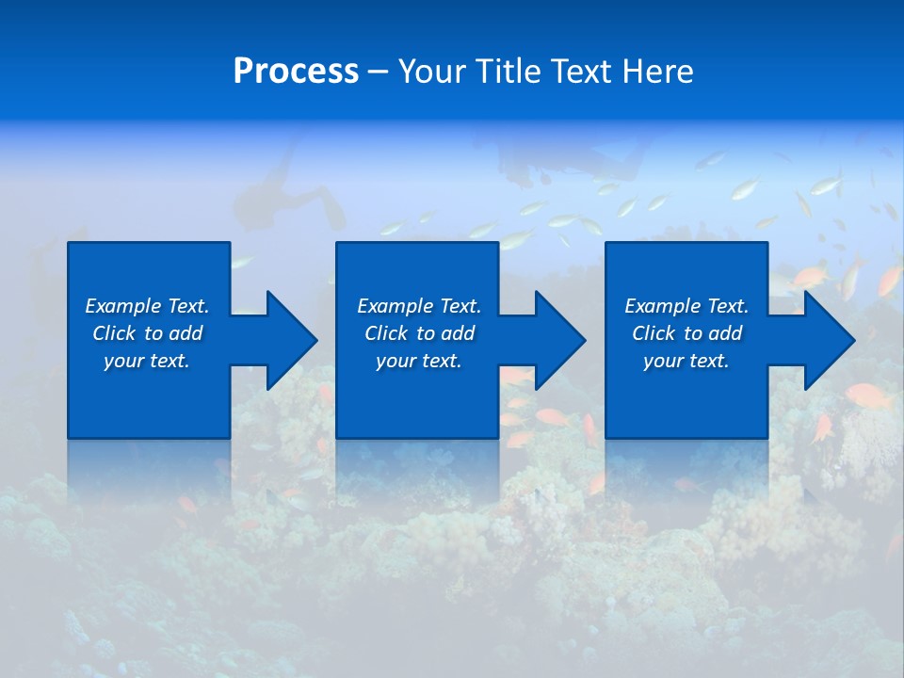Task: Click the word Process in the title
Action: coord(296,72)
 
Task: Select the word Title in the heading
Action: coord(510,72)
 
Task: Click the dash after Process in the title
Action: coord(379,73)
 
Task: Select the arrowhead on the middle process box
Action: coord(558,340)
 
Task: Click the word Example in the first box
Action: coord(123,306)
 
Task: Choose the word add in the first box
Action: coord(186,333)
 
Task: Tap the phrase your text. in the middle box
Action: coord(418,361)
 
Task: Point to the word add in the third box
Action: coord(726,333)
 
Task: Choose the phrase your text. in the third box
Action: coord(686,361)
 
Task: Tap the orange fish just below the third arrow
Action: coord(866,395)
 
